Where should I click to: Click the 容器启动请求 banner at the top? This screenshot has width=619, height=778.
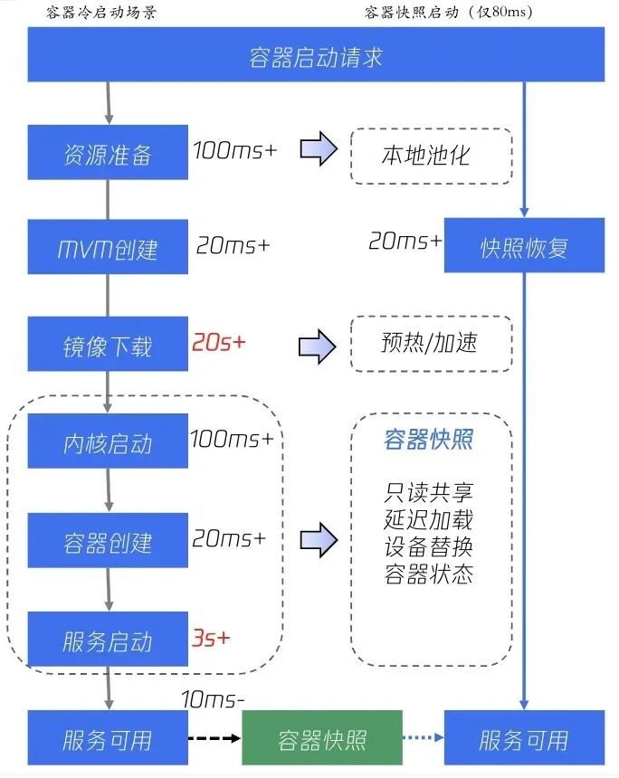(316, 57)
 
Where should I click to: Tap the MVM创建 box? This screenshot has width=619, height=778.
(108, 248)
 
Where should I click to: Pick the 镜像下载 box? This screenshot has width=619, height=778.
(108, 345)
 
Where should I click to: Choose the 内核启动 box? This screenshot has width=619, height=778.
(108, 442)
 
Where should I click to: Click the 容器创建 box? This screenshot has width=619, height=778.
(108, 541)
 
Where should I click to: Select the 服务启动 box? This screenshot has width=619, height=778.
(108, 640)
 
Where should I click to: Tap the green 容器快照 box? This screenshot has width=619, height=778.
(322, 739)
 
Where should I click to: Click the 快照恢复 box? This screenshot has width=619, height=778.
(524, 246)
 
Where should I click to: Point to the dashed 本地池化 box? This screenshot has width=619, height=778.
(431, 156)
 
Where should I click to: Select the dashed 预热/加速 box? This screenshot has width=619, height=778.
(431, 343)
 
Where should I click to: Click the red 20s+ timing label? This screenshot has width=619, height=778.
(218, 344)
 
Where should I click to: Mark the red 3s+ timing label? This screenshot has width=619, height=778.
(211, 637)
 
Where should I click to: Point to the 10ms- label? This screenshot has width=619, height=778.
(214, 699)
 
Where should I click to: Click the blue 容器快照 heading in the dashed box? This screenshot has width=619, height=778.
(429, 441)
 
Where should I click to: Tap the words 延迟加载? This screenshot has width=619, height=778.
(429, 520)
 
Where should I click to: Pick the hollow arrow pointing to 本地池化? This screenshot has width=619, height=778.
(319, 150)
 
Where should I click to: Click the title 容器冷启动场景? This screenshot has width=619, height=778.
(100, 12)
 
